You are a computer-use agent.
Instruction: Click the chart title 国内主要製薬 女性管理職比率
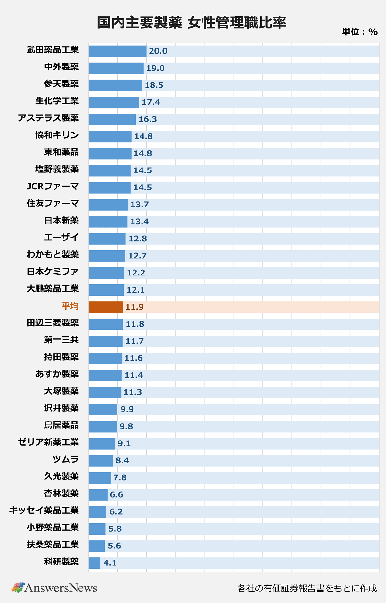click(192, 23)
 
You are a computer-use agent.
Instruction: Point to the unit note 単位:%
click(359, 32)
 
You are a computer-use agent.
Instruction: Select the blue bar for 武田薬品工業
click(117, 51)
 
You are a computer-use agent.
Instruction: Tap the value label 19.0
click(155, 68)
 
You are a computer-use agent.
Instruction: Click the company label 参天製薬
click(61, 84)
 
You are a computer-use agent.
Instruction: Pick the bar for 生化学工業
click(114, 102)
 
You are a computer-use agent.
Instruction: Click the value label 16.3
click(148, 119)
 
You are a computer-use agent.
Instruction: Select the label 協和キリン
click(57, 135)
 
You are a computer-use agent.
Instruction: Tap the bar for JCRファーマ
click(110, 188)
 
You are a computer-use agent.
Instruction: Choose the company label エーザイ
click(61, 238)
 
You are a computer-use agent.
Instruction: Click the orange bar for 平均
click(106, 307)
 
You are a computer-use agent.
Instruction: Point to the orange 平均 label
click(70, 306)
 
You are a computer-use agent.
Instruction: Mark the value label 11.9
click(134, 307)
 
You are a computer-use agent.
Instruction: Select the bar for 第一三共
click(106, 341)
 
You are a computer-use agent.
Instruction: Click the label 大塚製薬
click(61, 391)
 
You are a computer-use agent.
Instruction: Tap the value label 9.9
click(127, 409)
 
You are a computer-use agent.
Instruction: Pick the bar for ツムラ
click(101, 460)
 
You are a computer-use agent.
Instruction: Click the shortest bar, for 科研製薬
click(95, 563)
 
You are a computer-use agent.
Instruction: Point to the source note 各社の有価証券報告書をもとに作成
click(307, 588)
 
